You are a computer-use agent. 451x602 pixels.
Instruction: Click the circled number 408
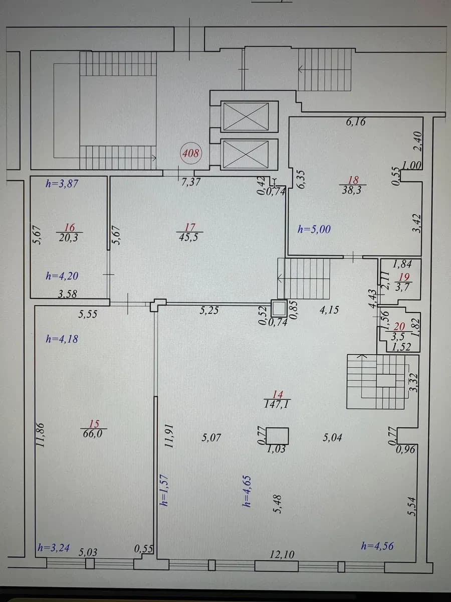[x=191, y=153]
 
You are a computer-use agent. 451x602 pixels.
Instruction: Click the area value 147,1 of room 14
[x=277, y=404]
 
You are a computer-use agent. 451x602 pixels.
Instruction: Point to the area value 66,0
[x=94, y=434]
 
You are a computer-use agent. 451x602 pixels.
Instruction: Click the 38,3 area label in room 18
[x=353, y=190]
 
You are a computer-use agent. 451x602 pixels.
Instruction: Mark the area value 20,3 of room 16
[x=69, y=237]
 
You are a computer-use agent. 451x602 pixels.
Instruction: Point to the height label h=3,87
[x=62, y=184]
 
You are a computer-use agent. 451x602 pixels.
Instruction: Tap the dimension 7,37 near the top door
[x=191, y=182]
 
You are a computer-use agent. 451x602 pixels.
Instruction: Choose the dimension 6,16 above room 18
[x=356, y=122]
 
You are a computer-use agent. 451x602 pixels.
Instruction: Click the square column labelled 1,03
[x=277, y=435]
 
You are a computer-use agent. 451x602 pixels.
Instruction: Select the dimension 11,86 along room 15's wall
[x=41, y=435]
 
